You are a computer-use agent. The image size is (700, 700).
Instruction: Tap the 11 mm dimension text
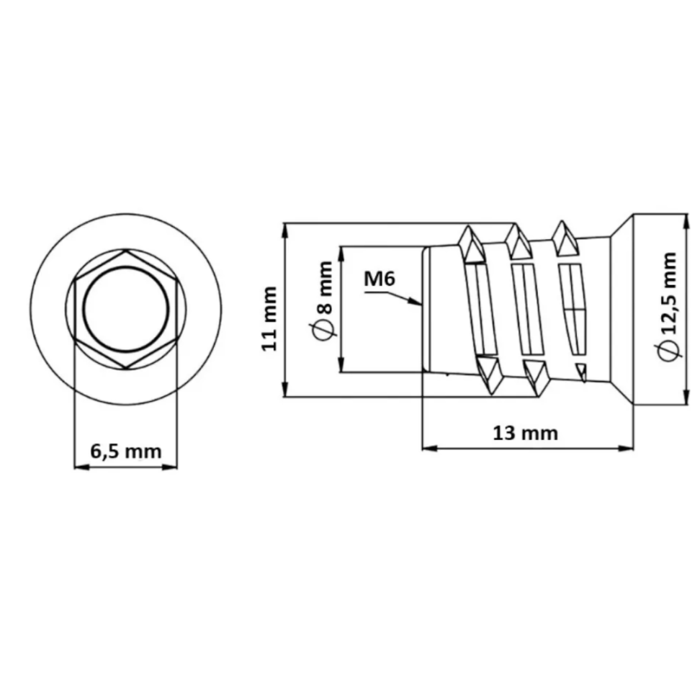click(269, 318)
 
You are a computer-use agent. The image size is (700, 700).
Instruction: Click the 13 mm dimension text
click(525, 433)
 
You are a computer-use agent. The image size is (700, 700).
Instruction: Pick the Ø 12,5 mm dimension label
click(670, 307)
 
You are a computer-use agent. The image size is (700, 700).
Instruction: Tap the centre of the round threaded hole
click(126, 308)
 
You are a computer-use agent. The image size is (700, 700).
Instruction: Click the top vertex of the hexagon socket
click(126, 250)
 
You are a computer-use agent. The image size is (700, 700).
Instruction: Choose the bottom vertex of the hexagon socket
click(126, 368)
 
